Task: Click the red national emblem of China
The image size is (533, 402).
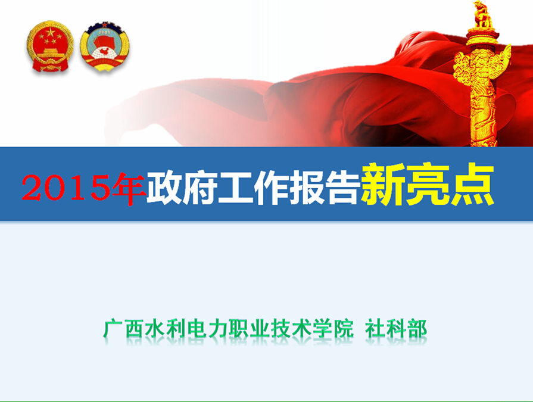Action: (49, 46)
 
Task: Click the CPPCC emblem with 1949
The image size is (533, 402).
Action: (105, 46)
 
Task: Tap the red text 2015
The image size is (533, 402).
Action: (67, 187)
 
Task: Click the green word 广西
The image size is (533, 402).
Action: (123, 329)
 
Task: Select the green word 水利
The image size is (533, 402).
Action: (165, 329)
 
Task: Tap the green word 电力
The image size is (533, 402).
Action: (207, 329)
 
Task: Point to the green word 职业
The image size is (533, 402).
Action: (248, 329)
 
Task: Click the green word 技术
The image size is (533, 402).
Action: (291, 329)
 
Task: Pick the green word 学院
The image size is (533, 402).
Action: (332, 329)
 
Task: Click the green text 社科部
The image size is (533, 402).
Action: (396, 329)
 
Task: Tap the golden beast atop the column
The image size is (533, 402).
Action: (482, 14)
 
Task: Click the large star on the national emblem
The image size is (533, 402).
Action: (50, 33)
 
